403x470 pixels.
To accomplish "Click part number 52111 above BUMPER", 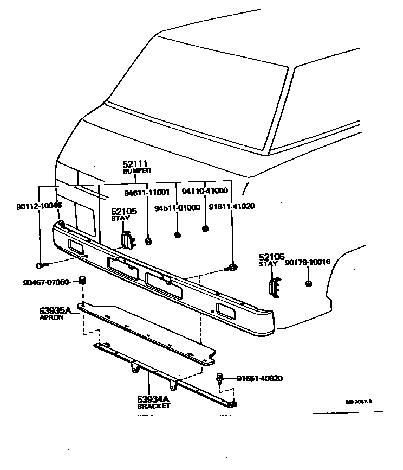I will [135, 163].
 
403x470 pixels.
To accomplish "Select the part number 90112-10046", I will [39, 206].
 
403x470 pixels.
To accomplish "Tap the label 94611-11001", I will [147, 192].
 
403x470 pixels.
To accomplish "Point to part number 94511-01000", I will [177, 207].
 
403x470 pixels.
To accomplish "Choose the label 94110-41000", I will [205, 192].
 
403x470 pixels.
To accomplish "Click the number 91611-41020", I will [232, 206].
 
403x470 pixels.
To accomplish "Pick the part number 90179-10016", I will [307, 262].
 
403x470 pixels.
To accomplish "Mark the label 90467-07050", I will [46, 282].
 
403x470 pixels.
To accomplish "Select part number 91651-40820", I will [259, 378].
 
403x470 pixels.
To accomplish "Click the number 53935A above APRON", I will [55, 310].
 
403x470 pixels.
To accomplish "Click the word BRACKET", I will [153, 406].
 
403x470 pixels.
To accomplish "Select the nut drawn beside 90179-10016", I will [309, 283].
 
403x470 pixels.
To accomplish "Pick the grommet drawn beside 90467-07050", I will [83, 280].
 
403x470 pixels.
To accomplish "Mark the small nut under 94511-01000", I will [177, 234].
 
